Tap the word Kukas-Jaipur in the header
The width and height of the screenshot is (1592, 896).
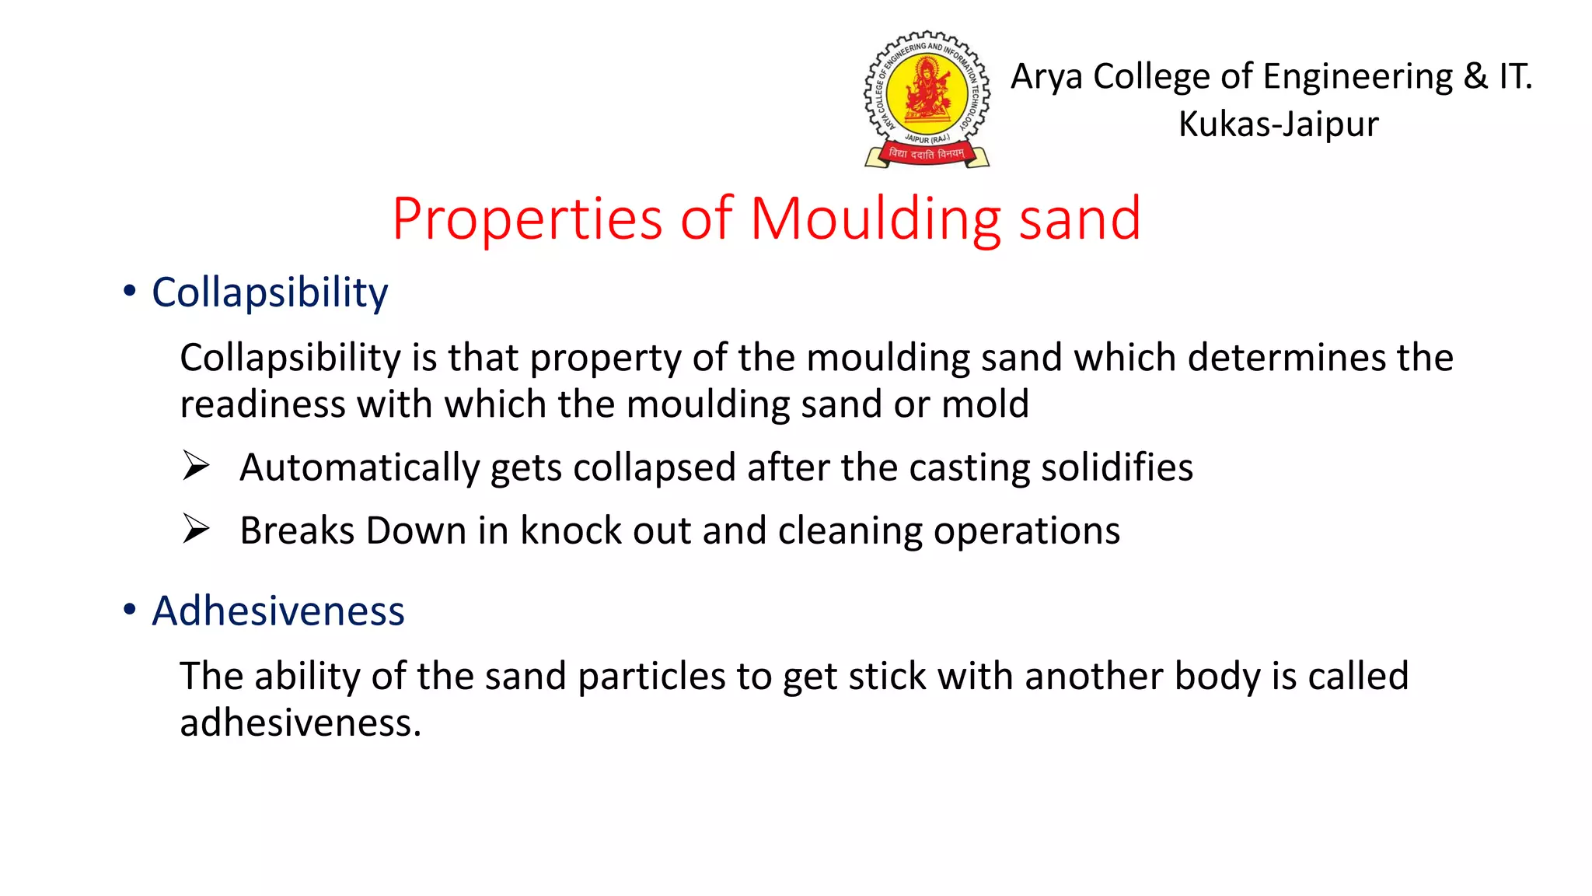tap(1278, 124)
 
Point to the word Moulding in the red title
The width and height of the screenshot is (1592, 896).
tap(875, 219)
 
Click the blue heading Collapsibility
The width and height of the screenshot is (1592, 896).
tap(270, 293)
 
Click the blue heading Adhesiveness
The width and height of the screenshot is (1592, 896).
tap(278, 611)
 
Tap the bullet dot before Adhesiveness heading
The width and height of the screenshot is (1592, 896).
tap(130, 609)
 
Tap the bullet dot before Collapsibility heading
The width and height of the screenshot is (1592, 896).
tap(130, 291)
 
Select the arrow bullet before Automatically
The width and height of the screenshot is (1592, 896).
tap(196, 466)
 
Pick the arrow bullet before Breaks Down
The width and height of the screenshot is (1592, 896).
tap(196, 529)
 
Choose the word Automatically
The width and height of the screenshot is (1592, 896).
tap(360, 467)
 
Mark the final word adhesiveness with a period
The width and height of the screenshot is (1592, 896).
tap(300, 723)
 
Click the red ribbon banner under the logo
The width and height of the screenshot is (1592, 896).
tap(927, 154)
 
